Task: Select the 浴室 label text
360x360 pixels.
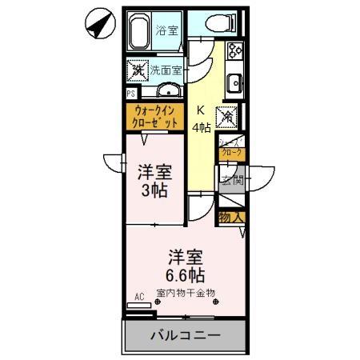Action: (167, 31)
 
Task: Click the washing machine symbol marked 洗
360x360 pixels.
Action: (137, 70)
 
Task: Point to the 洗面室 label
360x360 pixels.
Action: (166, 70)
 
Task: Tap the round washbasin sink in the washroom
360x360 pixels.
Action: (169, 89)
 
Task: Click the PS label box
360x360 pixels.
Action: (130, 94)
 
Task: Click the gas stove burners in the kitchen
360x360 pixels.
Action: (237, 52)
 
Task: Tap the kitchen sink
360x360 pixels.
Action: (236, 82)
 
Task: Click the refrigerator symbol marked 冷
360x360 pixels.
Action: (226, 116)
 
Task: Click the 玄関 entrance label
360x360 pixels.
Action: (231, 178)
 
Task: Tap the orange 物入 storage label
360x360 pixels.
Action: (231, 216)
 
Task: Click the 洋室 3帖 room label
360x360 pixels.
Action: (154, 181)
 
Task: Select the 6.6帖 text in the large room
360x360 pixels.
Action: (186, 277)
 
